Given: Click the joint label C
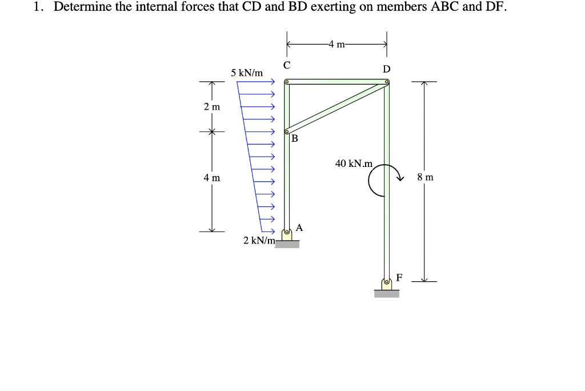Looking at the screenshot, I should point(287,65).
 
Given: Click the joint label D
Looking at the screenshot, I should point(387,69).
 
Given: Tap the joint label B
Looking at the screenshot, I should point(295,138).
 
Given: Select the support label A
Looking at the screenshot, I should point(299,228).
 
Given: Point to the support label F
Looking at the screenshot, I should point(399,277).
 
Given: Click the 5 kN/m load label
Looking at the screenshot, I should point(247,73).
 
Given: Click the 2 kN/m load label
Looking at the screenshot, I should point(259,240).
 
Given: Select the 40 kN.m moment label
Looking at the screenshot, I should point(354,163).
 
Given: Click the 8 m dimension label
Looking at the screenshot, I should point(426,177).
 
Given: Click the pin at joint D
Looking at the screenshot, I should point(387,82).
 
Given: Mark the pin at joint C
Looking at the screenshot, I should point(287,82).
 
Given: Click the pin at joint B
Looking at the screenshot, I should point(287,130).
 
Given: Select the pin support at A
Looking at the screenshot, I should point(287,234).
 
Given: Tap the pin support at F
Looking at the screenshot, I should point(387,283).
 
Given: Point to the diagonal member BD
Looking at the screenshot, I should point(337,106).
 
